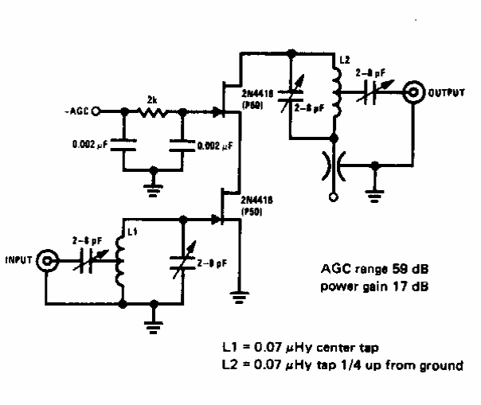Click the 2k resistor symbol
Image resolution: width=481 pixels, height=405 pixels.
154,112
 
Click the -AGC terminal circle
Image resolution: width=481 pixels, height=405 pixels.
96,112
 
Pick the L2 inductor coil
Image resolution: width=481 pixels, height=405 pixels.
335,95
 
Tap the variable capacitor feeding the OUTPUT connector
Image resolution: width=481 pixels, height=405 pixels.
371,93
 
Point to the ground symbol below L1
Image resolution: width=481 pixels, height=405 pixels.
154,321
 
